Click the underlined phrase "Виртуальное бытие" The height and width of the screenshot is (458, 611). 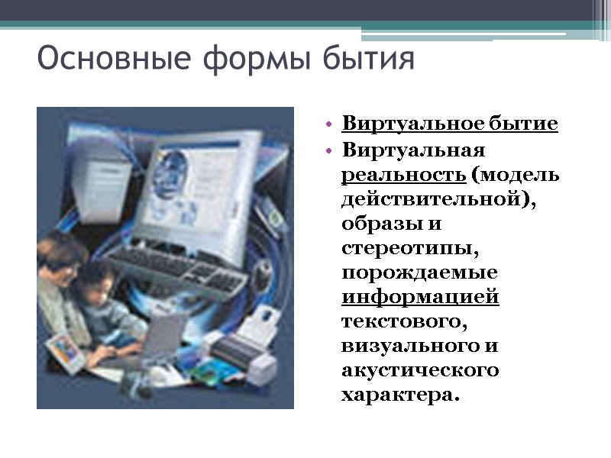click(450, 124)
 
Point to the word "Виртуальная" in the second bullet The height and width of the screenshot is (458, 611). click(413, 149)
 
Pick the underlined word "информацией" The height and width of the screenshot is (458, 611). click(420, 298)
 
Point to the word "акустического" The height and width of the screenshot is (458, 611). click(420, 372)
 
